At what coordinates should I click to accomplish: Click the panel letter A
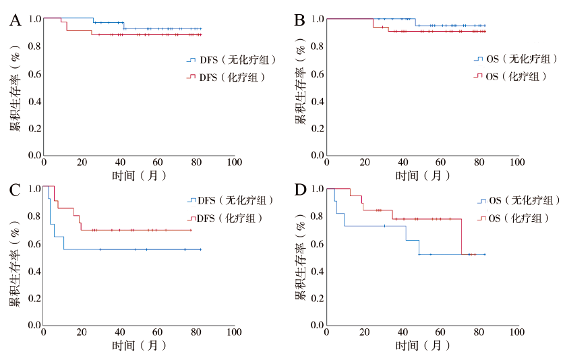14,21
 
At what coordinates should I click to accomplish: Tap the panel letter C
14,189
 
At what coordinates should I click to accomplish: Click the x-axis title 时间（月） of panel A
139,176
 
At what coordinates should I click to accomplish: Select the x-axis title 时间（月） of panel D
423,346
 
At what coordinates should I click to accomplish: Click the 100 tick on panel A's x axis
234,163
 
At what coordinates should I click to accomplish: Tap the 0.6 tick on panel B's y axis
316,73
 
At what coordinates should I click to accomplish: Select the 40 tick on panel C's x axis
120,333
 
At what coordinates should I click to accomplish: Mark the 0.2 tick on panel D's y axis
316,298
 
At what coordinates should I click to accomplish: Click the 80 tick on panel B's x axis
479,163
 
